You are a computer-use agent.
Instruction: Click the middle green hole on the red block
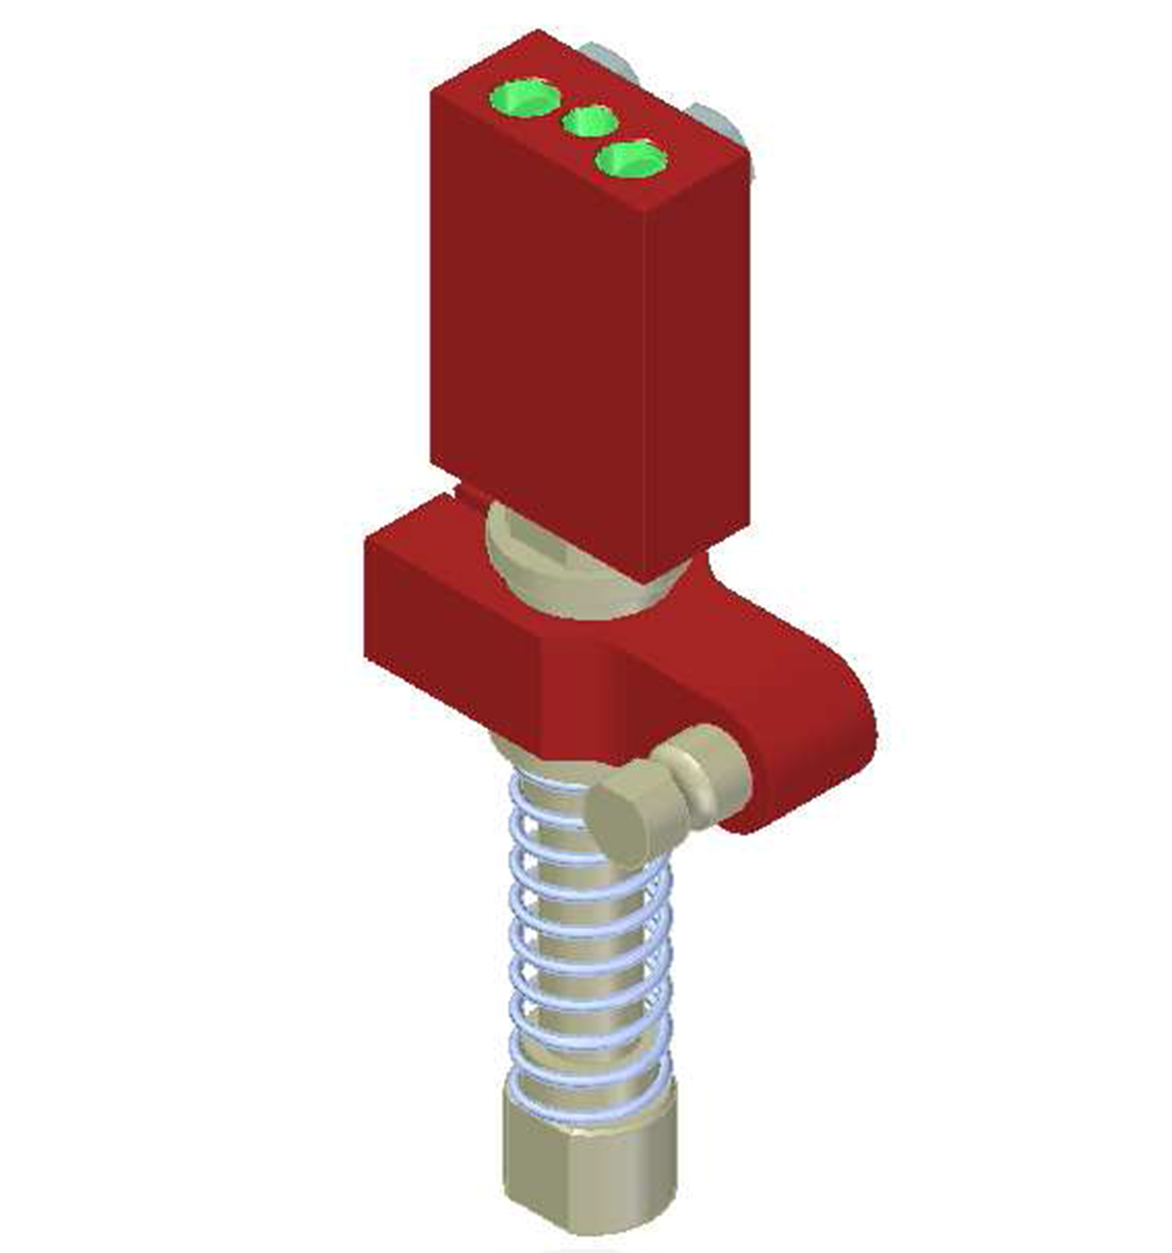coord(590,123)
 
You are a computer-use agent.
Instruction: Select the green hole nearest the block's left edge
coord(525,97)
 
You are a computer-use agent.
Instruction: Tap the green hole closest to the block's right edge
coord(631,159)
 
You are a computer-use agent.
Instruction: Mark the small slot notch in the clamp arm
coord(469,493)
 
